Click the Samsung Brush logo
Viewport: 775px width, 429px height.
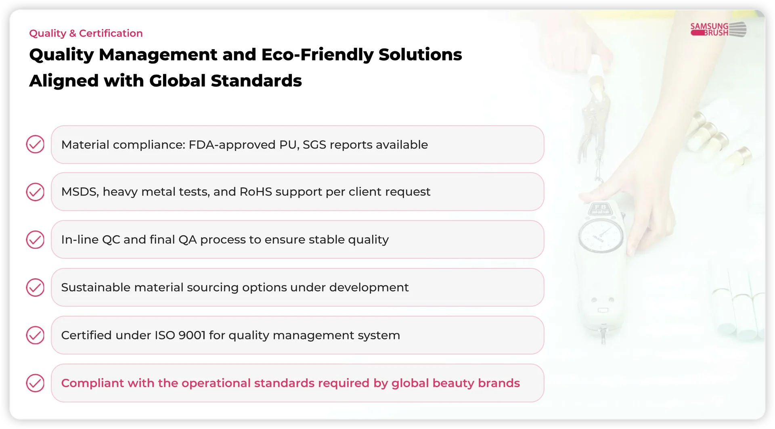(718, 29)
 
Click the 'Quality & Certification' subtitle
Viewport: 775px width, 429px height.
(86, 33)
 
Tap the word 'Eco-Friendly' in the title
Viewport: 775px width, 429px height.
(317, 54)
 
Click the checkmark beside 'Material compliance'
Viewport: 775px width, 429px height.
(35, 144)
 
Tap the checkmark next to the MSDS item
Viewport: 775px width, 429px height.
(35, 192)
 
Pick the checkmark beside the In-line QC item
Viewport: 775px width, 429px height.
(35, 240)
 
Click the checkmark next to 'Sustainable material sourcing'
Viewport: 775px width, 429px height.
(35, 287)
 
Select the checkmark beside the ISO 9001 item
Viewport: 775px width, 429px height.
(35, 335)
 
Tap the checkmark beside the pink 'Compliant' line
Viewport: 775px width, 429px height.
(35, 383)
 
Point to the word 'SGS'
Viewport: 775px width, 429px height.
(314, 144)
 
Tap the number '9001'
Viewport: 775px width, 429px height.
(192, 335)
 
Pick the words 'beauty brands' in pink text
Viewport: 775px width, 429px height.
(476, 383)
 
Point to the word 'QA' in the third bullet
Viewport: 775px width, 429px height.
(187, 240)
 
